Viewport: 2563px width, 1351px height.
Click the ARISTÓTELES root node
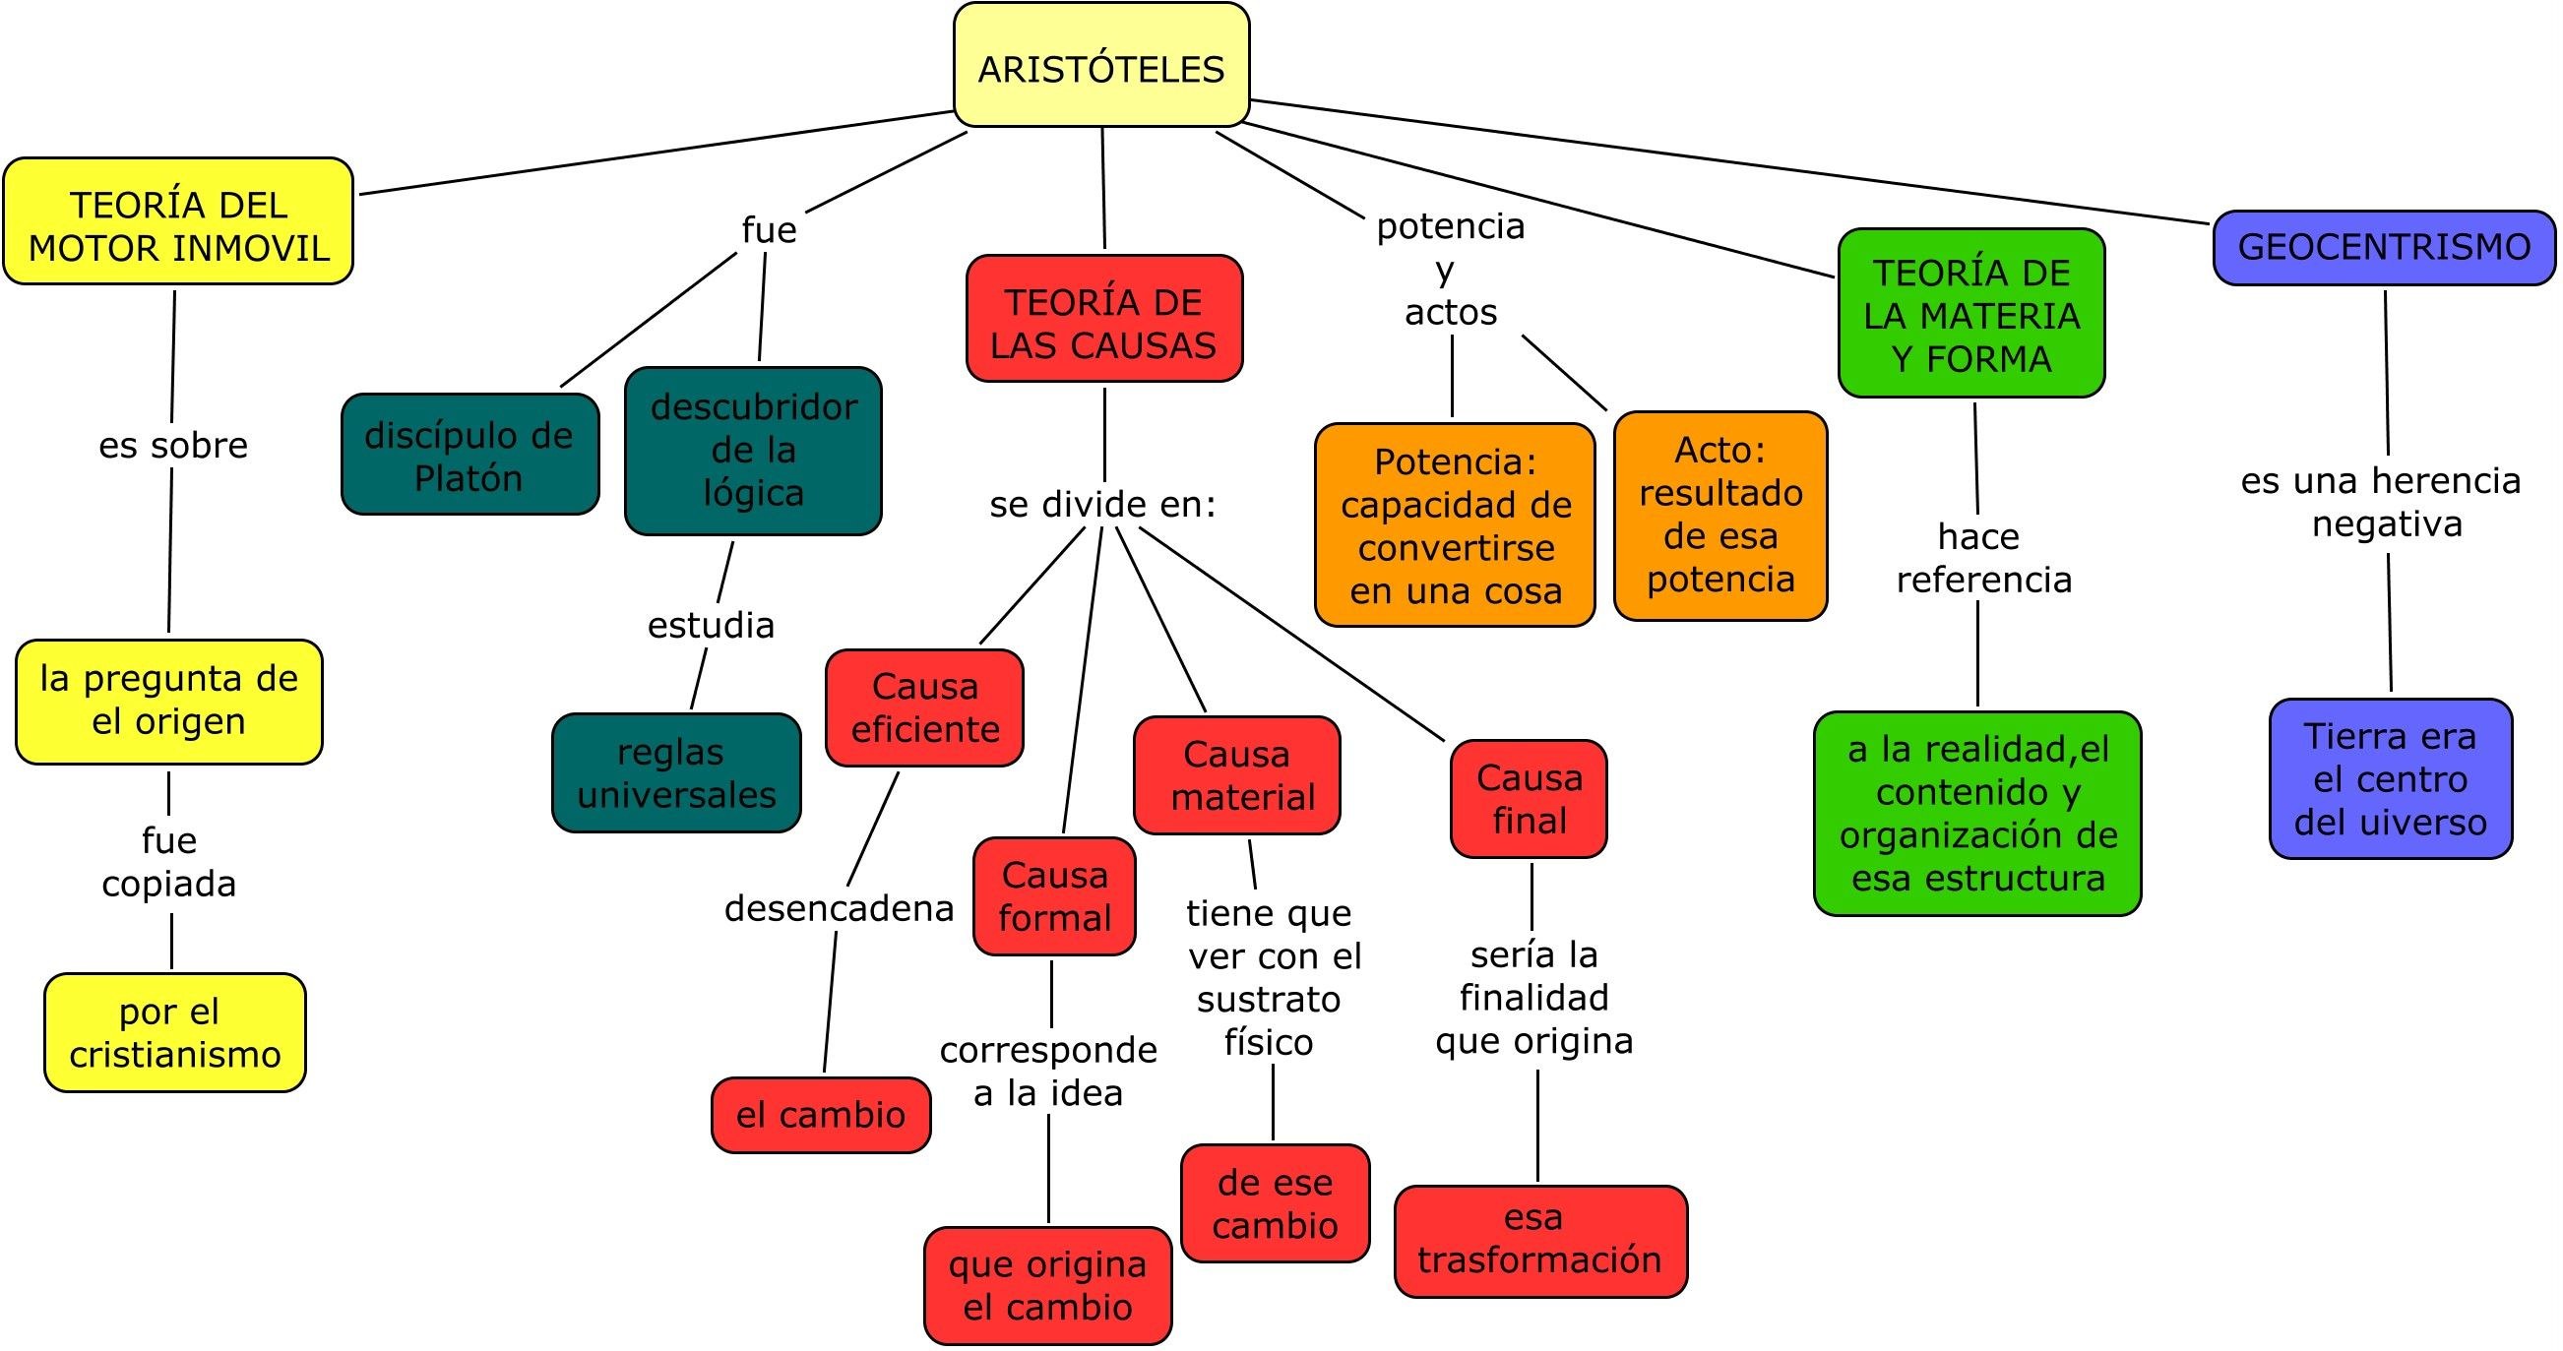1100,66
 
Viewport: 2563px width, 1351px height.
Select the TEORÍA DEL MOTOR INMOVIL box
178,221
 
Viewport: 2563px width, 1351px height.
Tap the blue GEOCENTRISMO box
2383,247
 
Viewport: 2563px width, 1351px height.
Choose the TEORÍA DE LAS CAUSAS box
1103,320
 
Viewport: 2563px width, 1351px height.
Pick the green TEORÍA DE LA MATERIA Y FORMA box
1971,313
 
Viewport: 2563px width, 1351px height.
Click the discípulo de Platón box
469,455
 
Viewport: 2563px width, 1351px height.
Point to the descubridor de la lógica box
753,451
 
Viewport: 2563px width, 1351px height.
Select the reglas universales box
675,773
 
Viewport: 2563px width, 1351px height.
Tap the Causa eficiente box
924,707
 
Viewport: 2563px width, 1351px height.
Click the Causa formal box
1055,896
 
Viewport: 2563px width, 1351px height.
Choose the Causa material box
1237,775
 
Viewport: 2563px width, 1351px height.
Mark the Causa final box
1529,799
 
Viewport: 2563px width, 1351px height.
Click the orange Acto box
1720,516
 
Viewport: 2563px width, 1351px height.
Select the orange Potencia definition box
1455,525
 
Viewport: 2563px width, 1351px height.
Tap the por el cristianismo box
175,1032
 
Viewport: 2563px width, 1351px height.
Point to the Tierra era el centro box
2390,779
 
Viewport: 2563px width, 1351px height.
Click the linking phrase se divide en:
1102,505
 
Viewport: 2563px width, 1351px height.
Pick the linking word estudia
711,625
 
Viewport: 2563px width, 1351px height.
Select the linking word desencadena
839,907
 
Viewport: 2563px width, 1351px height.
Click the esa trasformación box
1540,1241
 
